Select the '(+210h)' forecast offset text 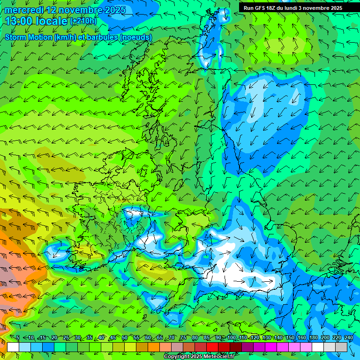click(x=84, y=21)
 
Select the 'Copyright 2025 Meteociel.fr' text click(x=199, y=357)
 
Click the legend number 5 click(x=18, y=337)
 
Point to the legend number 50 click(x=124, y=337)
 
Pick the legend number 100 click(x=232, y=337)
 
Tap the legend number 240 click(x=348, y=337)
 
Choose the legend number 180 click(x=313, y=337)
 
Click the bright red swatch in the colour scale click(x=212, y=347)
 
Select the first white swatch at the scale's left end click(x=13, y=347)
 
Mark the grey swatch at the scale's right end click(x=341, y=347)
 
